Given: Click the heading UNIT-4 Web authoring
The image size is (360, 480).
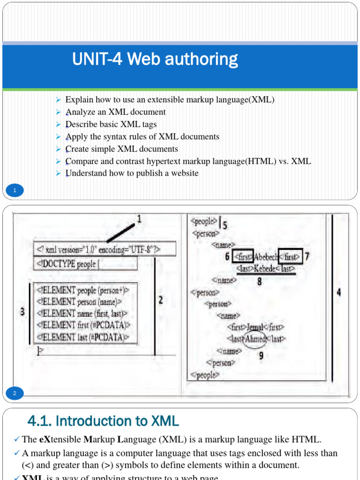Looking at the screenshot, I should [x=155, y=60].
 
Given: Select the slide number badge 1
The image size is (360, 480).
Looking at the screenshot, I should [x=15, y=190].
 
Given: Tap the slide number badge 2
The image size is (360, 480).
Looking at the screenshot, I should [x=15, y=393].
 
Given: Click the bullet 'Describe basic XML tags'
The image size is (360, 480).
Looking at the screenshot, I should [x=111, y=124].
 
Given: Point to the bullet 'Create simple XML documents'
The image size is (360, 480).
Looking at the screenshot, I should [x=121, y=149].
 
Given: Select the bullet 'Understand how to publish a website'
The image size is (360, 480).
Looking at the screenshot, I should [x=132, y=173].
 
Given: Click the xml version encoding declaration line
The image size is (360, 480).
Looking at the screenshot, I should [x=104, y=249].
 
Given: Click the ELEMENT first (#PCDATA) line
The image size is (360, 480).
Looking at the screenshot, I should [x=83, y=325].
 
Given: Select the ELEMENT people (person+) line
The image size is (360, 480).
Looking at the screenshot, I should [x=82, y=290].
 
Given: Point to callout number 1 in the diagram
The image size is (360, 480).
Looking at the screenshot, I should [x=139, y=219].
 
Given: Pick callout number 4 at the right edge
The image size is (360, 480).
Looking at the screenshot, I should [x=339, y=292].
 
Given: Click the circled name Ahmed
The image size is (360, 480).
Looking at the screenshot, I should [x=256, y=338].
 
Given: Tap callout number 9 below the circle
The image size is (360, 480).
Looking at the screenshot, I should [x=261, y=355].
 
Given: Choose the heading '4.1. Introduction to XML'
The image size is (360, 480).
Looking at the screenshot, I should [x=103, y=421].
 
